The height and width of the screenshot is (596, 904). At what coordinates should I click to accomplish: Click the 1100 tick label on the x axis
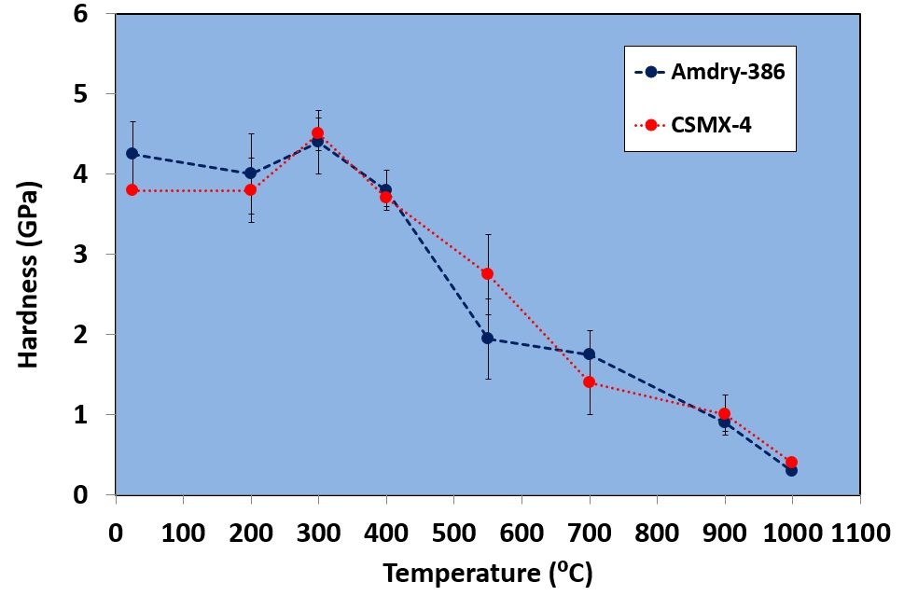[859, 535]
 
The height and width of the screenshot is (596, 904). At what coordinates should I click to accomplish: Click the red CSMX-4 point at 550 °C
[487, 273]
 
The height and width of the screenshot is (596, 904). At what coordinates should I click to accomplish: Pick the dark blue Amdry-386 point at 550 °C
[487, 338]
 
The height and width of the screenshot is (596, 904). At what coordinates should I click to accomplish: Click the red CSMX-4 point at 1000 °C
[791, 462]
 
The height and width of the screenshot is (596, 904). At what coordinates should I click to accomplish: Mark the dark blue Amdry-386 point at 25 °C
[132, 154]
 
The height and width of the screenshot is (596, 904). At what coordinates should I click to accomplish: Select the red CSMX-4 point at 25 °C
[132, 190]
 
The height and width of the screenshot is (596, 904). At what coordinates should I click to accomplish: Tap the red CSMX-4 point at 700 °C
[589, 382]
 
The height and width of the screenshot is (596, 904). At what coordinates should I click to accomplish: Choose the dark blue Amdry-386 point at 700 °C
[589, 353]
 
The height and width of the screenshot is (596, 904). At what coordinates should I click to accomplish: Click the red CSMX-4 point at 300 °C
[317, 133]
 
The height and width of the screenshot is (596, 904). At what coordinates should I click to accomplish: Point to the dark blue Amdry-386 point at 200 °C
[250, 173]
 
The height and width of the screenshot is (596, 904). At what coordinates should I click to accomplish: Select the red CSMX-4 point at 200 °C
[250, 190]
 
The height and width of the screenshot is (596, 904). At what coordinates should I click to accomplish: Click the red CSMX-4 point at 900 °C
[724, 414]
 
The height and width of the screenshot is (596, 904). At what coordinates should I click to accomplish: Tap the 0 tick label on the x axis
[115, 535]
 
